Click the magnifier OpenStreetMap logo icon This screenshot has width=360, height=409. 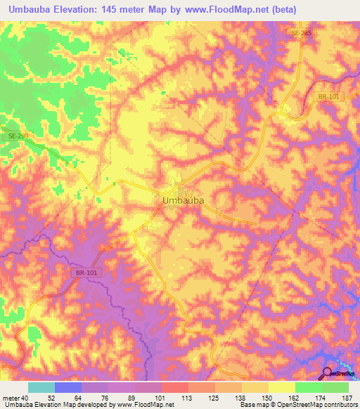click(328, 373)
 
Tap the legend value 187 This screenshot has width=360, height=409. click(347, 398)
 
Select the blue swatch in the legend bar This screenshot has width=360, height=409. click(67, 387)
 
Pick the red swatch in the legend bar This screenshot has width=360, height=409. click(174, 387)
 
